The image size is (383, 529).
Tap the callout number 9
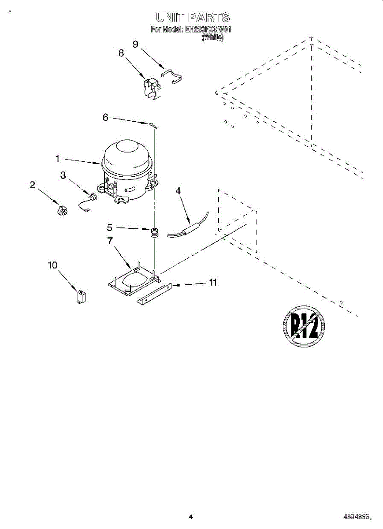coord(136,44)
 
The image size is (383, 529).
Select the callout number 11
coord(213,283)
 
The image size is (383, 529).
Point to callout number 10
coord(52,265)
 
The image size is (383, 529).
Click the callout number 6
coord(105,117)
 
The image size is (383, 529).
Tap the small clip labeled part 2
coord(62,210)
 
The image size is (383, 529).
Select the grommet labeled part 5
coord(154,232)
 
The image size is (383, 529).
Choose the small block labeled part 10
coord(82,296)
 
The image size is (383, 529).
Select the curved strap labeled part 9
coord(173,76)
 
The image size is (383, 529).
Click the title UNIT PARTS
coord(192,17)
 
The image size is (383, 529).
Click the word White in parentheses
coord(213,38)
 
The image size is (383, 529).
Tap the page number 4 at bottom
coord(191,516)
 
